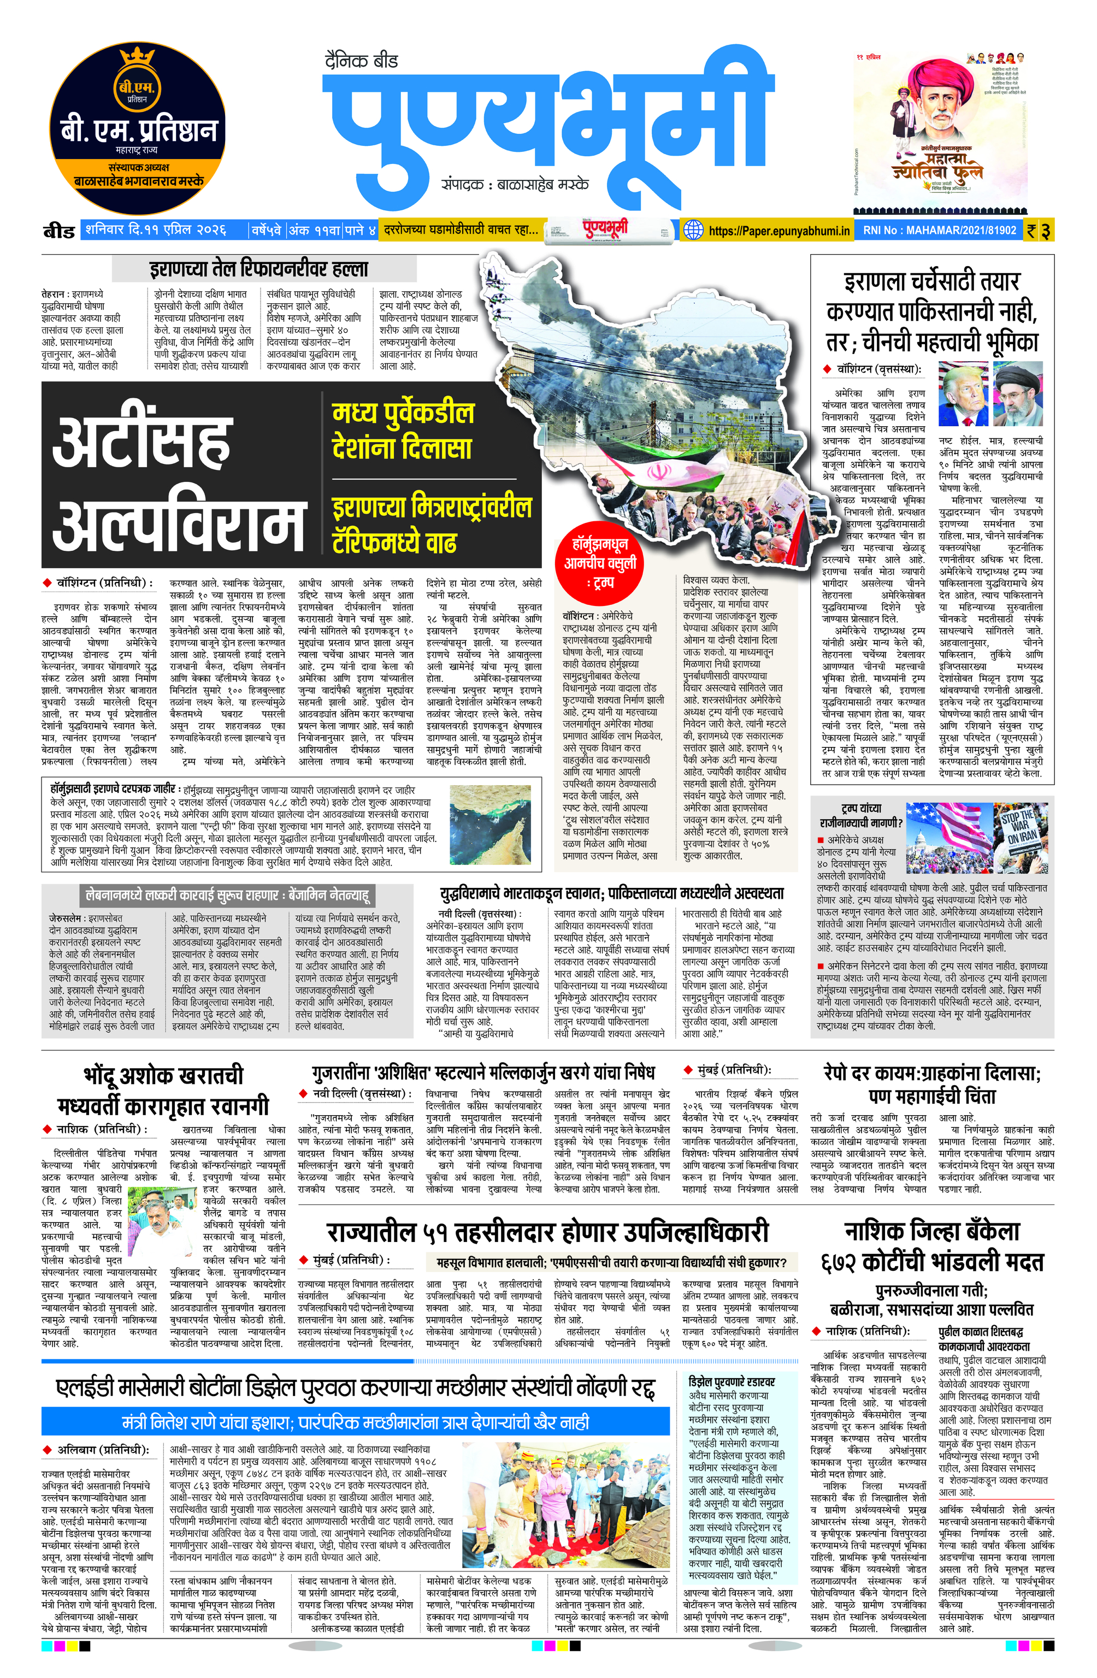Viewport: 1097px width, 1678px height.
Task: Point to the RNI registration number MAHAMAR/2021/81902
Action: tap(940, 231)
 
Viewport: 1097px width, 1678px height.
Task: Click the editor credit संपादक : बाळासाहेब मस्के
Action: tap(515, 185)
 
